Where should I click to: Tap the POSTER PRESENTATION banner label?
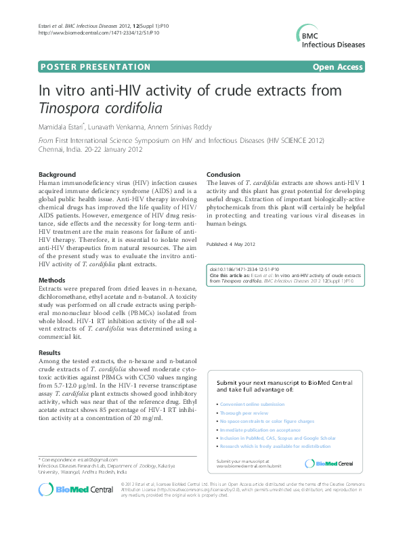click(95, 66)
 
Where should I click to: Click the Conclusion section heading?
click(224, 174)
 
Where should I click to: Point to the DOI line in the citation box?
click(245, 270)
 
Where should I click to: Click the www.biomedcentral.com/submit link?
click(249, 466)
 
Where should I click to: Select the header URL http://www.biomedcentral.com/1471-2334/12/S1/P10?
click(94, 32)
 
